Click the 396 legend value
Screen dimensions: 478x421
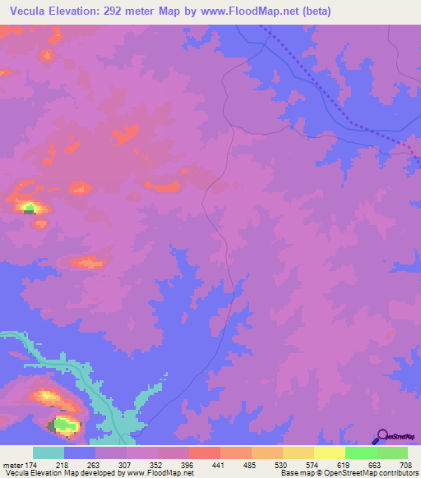click(x=188, y=465)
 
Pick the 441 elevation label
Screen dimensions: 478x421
click(x=220, y=465)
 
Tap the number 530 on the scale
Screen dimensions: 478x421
click(x=282, y=465)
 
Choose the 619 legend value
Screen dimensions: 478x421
click(x=345, y=465)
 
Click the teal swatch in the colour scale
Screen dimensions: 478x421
click(x=49, y=453)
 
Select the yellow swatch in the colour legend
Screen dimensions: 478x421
click(x=329, y=453)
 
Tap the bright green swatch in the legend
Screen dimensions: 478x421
click(x=360, y=453)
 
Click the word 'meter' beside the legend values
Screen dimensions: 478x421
click(x=12, y=465)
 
